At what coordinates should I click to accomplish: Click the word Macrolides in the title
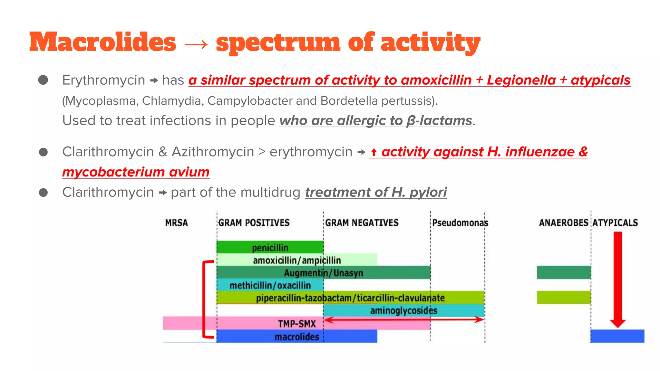coord(102,42)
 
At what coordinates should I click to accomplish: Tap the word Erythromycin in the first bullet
coord(103,80)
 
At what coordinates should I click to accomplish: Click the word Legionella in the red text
coord(521,80)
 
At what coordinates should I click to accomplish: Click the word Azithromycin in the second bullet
coord(213,152)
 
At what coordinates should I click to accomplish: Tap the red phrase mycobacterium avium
coord(136,172)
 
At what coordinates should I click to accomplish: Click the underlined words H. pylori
coord(419,192)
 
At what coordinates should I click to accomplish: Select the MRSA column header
coord(176,223)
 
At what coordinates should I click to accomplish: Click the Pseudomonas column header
coord(460,223)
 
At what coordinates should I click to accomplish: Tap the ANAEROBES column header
coord(563,223)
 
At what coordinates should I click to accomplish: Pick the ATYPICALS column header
coord(615,223)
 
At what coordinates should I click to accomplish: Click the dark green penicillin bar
coord(270,247)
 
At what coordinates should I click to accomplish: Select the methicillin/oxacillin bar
coord(270,285)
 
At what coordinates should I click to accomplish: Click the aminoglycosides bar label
coord(403,310)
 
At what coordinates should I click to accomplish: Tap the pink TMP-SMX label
coord(297,323)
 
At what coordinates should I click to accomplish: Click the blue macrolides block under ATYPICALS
coord(617,336)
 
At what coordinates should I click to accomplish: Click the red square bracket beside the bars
coord(204,300)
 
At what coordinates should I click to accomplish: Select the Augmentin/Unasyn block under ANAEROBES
coord(564,272)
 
